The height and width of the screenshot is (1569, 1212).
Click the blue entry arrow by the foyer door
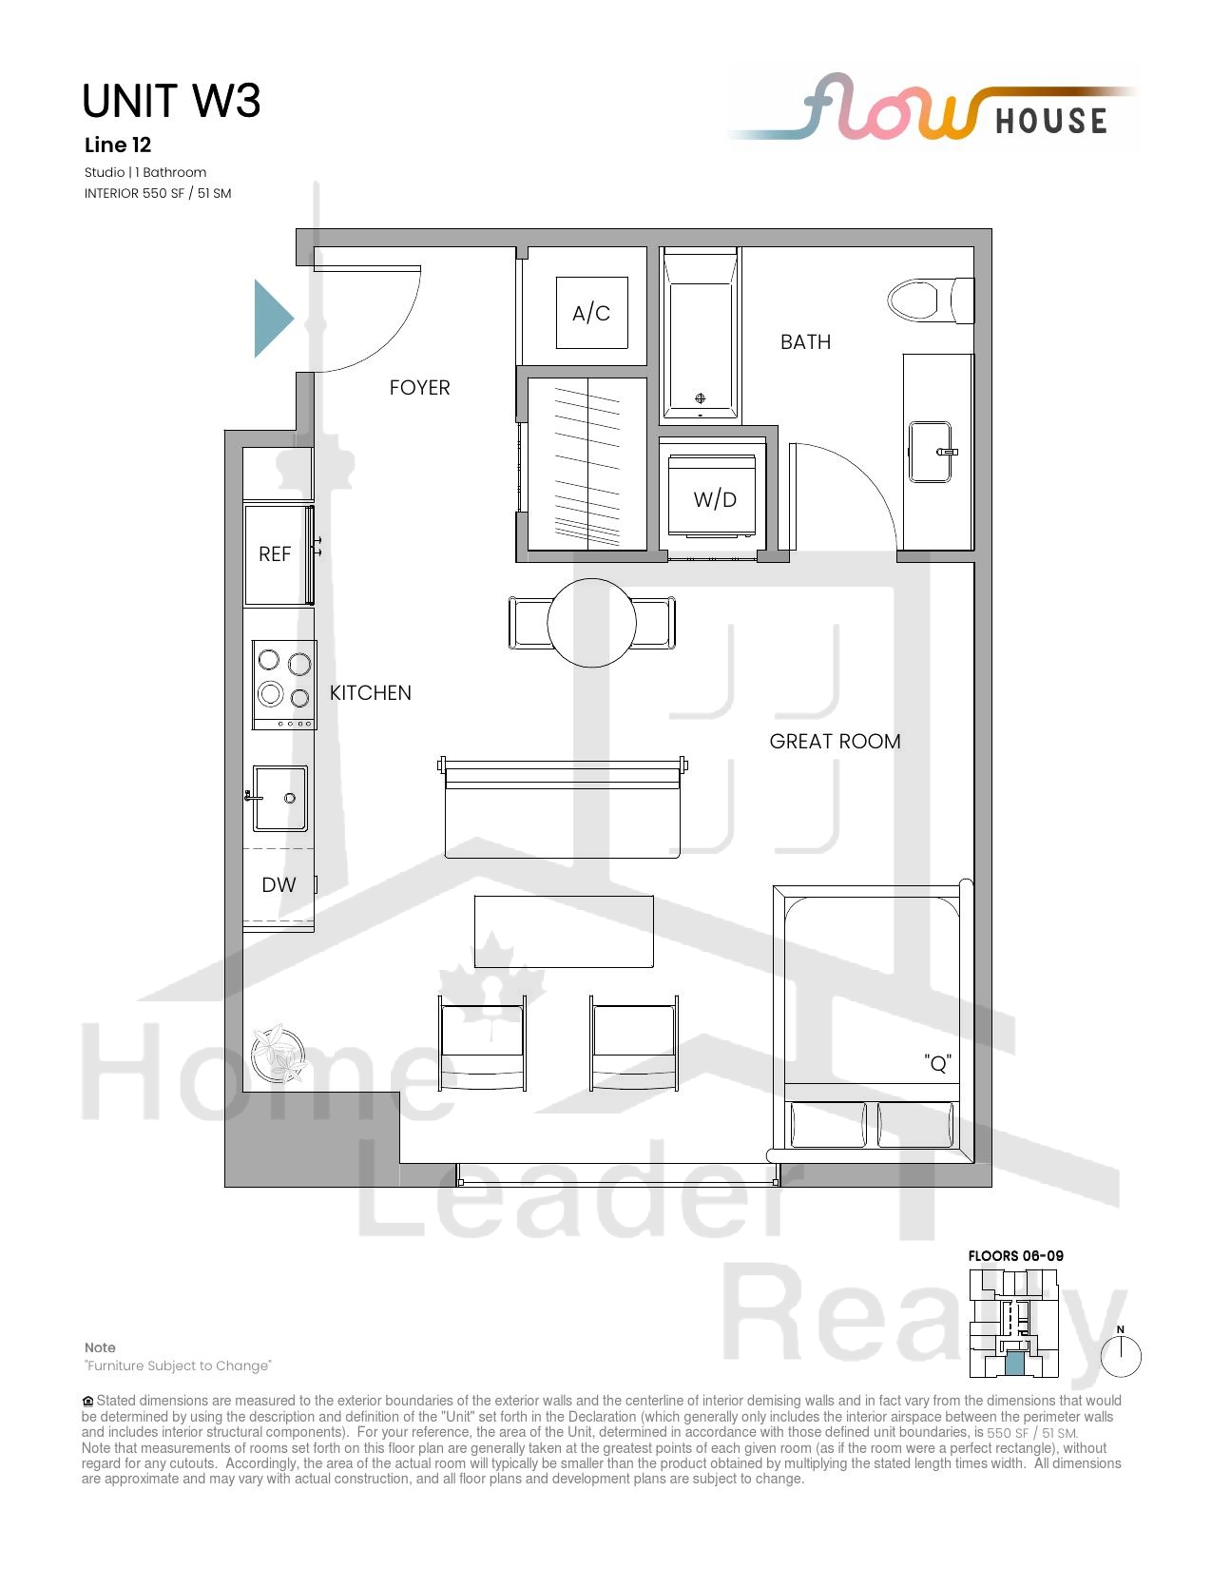click(x=273, y=319)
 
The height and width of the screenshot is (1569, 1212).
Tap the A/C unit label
click(x=591, y=314)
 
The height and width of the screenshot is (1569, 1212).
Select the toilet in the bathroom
click(x=930, y=300)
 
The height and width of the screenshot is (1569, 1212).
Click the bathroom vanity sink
click(x=930, y=452)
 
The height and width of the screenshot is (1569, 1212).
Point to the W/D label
click(x=715, y=499)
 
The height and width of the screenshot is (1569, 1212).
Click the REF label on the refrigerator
click(x=275, y=553)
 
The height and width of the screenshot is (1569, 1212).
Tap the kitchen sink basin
click(x=279, y=798)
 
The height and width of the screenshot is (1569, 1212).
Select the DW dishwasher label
click(x=279, y=884)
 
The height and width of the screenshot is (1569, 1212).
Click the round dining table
click(x=592, y=623)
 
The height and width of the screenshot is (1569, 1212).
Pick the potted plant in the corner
click(x=278, y=1054)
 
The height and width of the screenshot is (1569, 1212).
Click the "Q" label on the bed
click(x=937, y=1063)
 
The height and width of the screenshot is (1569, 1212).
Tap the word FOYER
click(x=419, y=388)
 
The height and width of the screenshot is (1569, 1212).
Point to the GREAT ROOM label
click(x=835, y=742)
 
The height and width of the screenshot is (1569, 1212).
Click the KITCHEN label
click(x=371, y=693)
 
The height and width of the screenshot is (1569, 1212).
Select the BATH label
click(x=805, y=342)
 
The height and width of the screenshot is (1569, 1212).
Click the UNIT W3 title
click(x=171, y=101)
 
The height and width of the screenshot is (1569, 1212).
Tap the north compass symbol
click(x=1121, y=1354)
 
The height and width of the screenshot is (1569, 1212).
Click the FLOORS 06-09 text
click(x=1015, y=1255)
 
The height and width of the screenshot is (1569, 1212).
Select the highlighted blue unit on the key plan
click(x=1014, y=1364)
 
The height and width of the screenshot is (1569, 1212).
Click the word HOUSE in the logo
click(x=1051, y=121)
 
